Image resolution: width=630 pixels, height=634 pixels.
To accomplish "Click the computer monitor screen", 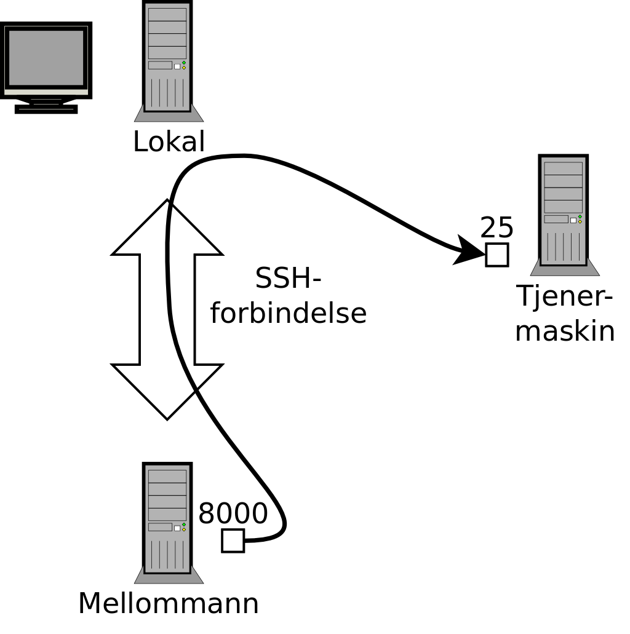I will tap(46, 57).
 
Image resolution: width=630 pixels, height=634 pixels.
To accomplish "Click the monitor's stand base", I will tap(46, 109).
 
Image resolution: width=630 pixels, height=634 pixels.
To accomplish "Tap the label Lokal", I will tap(169, 142).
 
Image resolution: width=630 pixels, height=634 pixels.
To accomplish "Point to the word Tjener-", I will tap(564, 296).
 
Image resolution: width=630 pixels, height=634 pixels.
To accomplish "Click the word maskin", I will tap(564, 331).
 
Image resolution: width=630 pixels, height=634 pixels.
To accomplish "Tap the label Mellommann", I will tap(168, 603).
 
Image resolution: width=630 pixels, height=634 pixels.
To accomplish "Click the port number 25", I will tap(496, 228).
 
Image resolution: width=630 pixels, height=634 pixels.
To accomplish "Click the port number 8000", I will tap(233, 513).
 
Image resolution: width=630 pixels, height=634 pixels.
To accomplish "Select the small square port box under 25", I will tap(496, 255).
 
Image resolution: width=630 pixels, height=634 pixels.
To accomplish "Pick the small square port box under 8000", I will tap(233, 541).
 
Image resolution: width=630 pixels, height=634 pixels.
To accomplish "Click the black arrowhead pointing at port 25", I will tap(469, 251).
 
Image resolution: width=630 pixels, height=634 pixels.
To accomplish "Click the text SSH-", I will tap(288, 279).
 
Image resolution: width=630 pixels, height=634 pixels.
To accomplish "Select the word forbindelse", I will tap(288, 313).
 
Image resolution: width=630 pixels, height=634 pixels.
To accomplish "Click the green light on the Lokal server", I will tap(184, 63).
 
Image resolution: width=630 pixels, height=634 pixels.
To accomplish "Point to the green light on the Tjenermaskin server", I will tap(580, 216).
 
